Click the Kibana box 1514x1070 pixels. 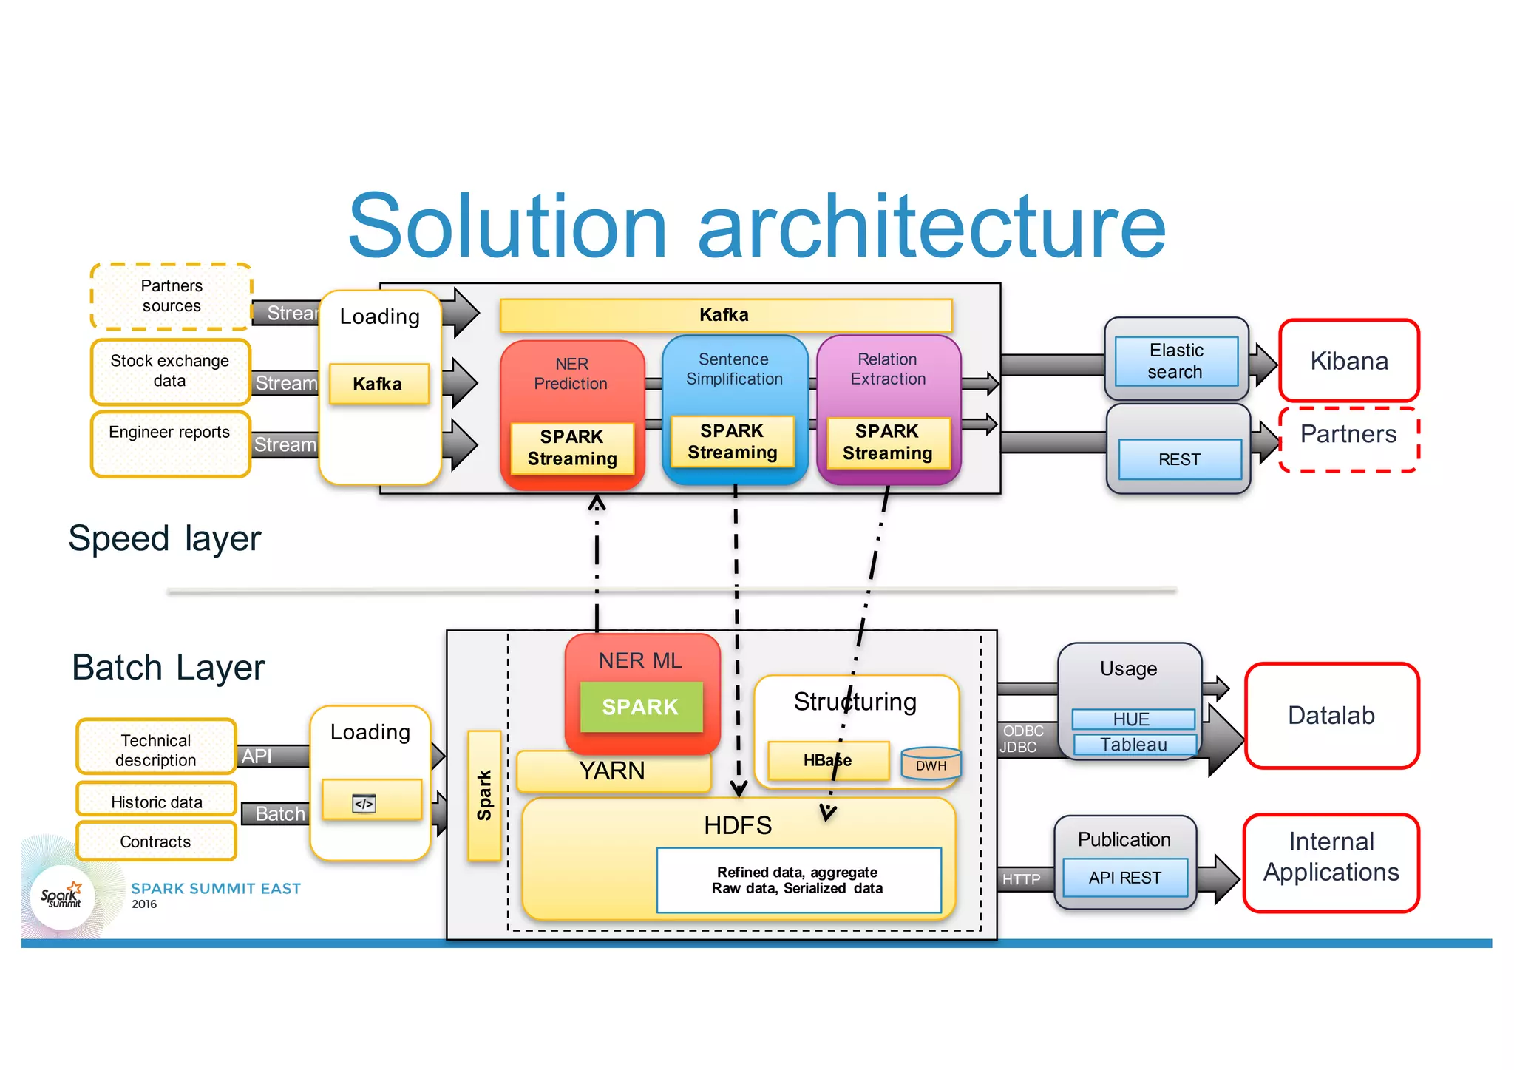1348,361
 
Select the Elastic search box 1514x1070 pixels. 1175,361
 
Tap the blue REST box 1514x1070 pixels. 1179,459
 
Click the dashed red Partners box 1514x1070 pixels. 1348,438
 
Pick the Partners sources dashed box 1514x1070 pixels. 172,297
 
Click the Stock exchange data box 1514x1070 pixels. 170,371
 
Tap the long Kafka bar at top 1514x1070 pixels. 724,315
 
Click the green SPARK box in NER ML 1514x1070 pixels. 640,707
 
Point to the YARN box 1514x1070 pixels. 612,771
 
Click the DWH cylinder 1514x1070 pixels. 931,765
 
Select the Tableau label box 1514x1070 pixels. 1133,744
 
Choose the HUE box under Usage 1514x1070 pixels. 1132,719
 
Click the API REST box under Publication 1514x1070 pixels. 1124,878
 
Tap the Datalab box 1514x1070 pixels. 1331,716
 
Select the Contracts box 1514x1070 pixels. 155,842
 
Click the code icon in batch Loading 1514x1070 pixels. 364,803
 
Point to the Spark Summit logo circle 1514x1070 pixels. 62,897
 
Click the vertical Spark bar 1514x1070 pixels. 484,796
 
